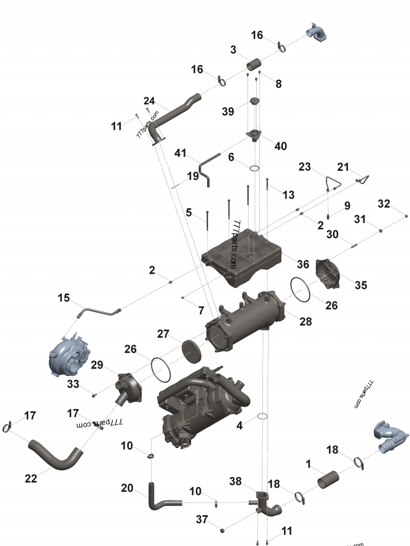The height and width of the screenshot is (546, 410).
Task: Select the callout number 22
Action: pyautogui.click(x=31, y=478)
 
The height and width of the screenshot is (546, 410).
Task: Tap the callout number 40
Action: pyautogui.click(x=280, y=146)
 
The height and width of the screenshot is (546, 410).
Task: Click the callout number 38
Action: pyautogui.click(x=235, y=482)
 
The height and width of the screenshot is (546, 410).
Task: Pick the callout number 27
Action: pyautogui.click(x=163, y=334)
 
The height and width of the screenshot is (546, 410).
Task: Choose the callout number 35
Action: pyautogui.click(x=361, y=285)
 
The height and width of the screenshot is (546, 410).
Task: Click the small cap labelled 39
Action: pyautogui.click(x=254, y=101)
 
